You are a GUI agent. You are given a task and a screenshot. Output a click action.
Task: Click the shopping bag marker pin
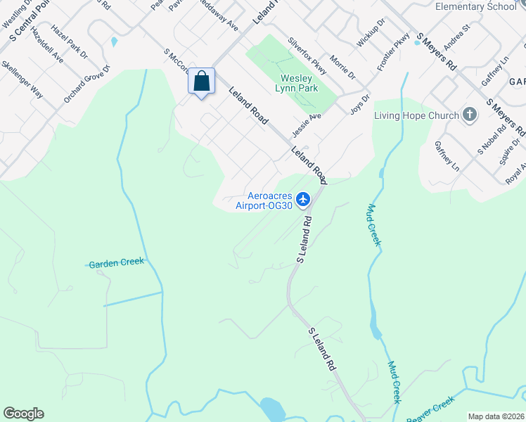coord(202,82)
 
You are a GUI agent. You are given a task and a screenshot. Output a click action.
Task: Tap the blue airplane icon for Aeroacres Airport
coord(303,200)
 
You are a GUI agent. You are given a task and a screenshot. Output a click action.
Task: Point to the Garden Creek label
coord(116,262)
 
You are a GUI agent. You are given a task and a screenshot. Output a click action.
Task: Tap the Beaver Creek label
coord(431,411)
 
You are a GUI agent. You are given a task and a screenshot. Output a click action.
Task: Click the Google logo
coord(23,414)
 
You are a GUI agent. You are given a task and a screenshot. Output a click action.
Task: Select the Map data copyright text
coord(496,416)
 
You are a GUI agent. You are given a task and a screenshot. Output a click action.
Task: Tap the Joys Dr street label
coord(360,105)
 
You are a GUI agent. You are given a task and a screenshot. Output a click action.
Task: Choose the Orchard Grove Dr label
coord(87,84)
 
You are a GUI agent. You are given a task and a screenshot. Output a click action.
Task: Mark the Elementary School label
coord(475,7)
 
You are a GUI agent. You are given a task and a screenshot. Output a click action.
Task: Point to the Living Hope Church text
coord(416,115)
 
